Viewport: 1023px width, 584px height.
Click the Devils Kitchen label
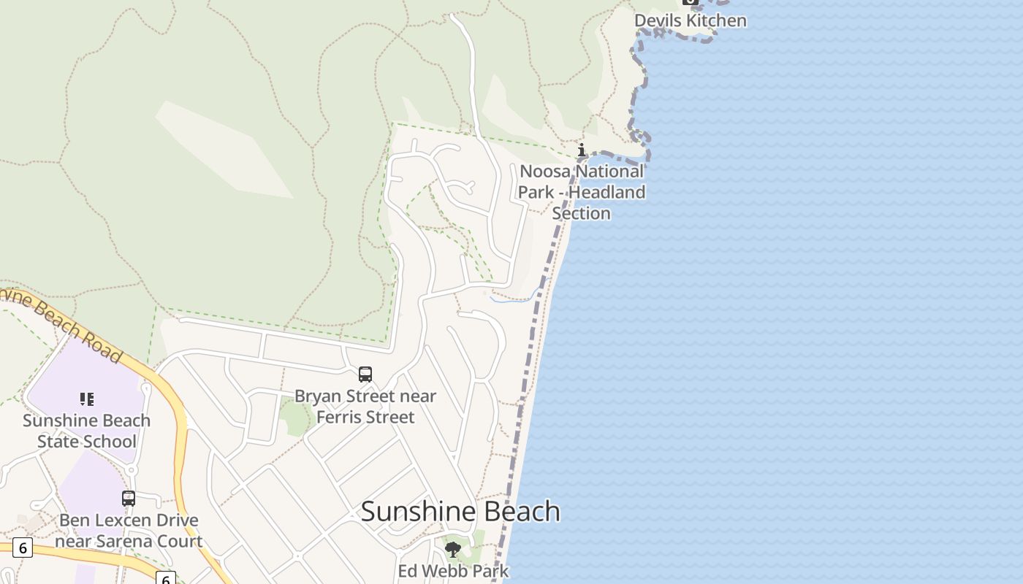[x=690, y=20]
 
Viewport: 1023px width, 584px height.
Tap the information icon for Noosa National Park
[x=582, y=150]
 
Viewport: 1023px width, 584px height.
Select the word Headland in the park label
[x=607, y=193]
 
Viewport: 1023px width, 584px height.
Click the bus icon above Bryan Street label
[x=365, y=374]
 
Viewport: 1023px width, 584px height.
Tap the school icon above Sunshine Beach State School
[x=87, y=399]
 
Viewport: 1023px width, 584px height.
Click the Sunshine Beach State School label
[x=86, y=431]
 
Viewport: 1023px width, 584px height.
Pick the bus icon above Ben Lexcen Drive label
[x=129, y=499]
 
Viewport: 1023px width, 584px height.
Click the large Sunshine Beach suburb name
[x=460, y=511]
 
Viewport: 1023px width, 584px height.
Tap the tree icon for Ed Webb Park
[x=453, y=550]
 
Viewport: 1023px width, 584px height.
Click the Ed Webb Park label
[x=453, y=570]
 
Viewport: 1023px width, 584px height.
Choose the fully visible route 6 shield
[x=23, y=547]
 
